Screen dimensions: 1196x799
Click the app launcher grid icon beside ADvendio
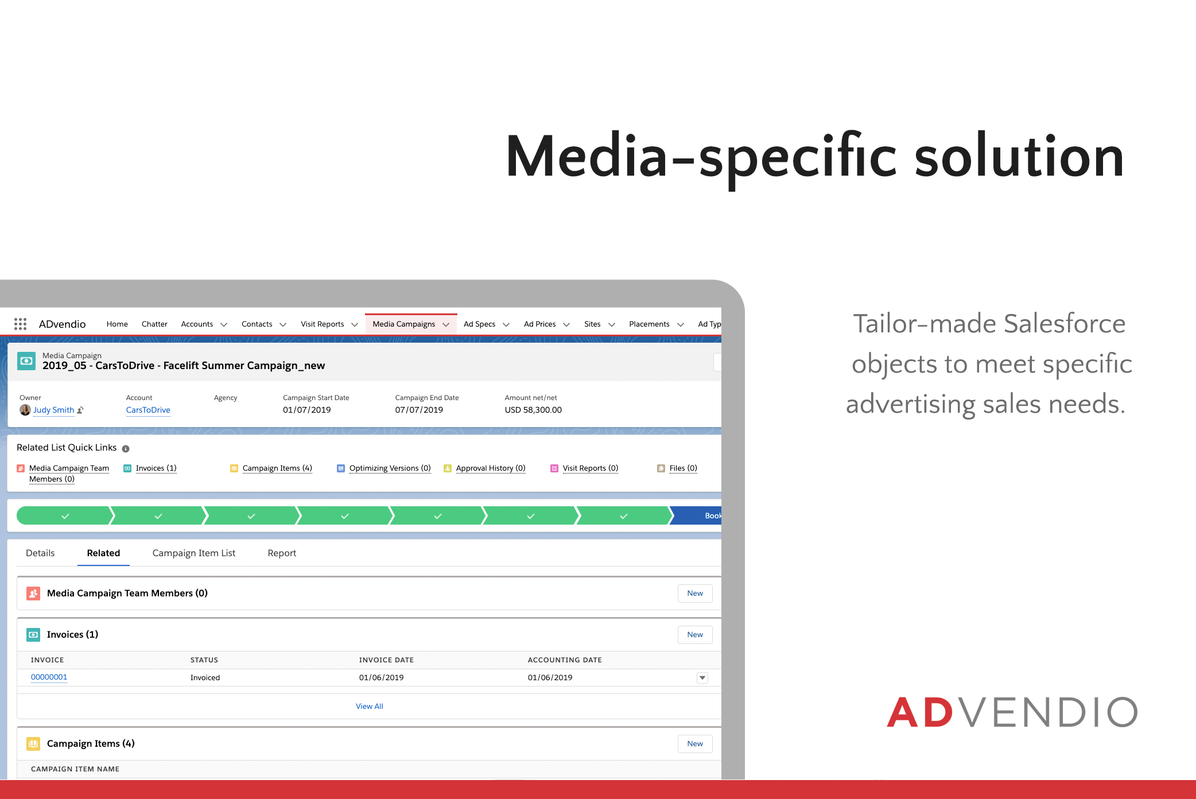click(x=20, y=324)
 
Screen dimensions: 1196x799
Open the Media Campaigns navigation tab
click(x=404, y=324)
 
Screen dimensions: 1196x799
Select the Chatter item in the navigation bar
click(x=154, y=324)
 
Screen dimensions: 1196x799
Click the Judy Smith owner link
click(x=53, y=410)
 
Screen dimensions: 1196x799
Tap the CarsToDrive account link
click(x=148, y=410)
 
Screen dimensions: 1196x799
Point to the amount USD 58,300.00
click(x=533, y=410)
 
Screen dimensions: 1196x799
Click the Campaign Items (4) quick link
click(x=277, y=468)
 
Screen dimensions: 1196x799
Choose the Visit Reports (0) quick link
click(x=591, y=468)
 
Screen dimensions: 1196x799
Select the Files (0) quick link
click(x=684, y=468)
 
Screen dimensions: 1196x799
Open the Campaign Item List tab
click(x=194, y=553)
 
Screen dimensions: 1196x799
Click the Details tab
click(x=40, y=553)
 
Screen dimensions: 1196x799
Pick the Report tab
click(x=282, y=553)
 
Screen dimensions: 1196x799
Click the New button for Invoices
click(x=695, y=635)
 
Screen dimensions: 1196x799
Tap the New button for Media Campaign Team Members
click(x=695, y=594)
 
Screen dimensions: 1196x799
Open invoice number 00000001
click(x=49, y=677)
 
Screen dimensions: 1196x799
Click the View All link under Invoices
click(x=370, y=707)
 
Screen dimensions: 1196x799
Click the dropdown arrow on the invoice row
click(x=702, y=678)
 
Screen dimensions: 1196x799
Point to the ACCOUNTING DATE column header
click(x=565, y=660)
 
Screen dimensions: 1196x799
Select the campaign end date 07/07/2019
click(x=419, y=410)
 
